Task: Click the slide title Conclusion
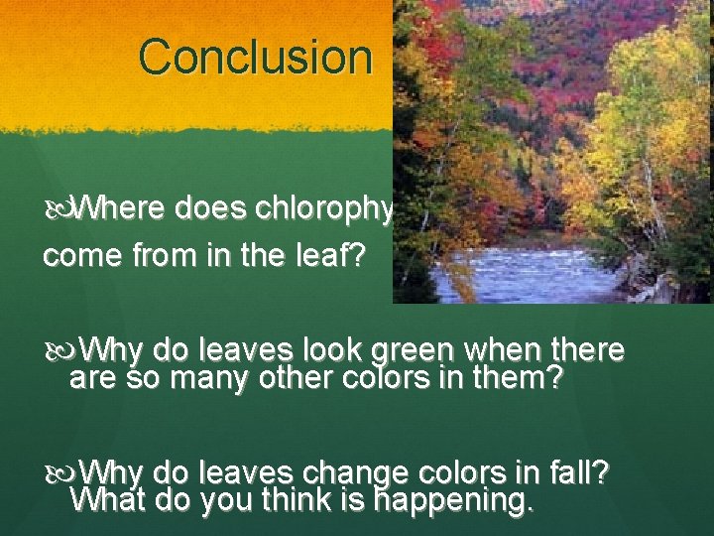[x=255, y=57]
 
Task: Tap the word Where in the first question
[x=121, y=209]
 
